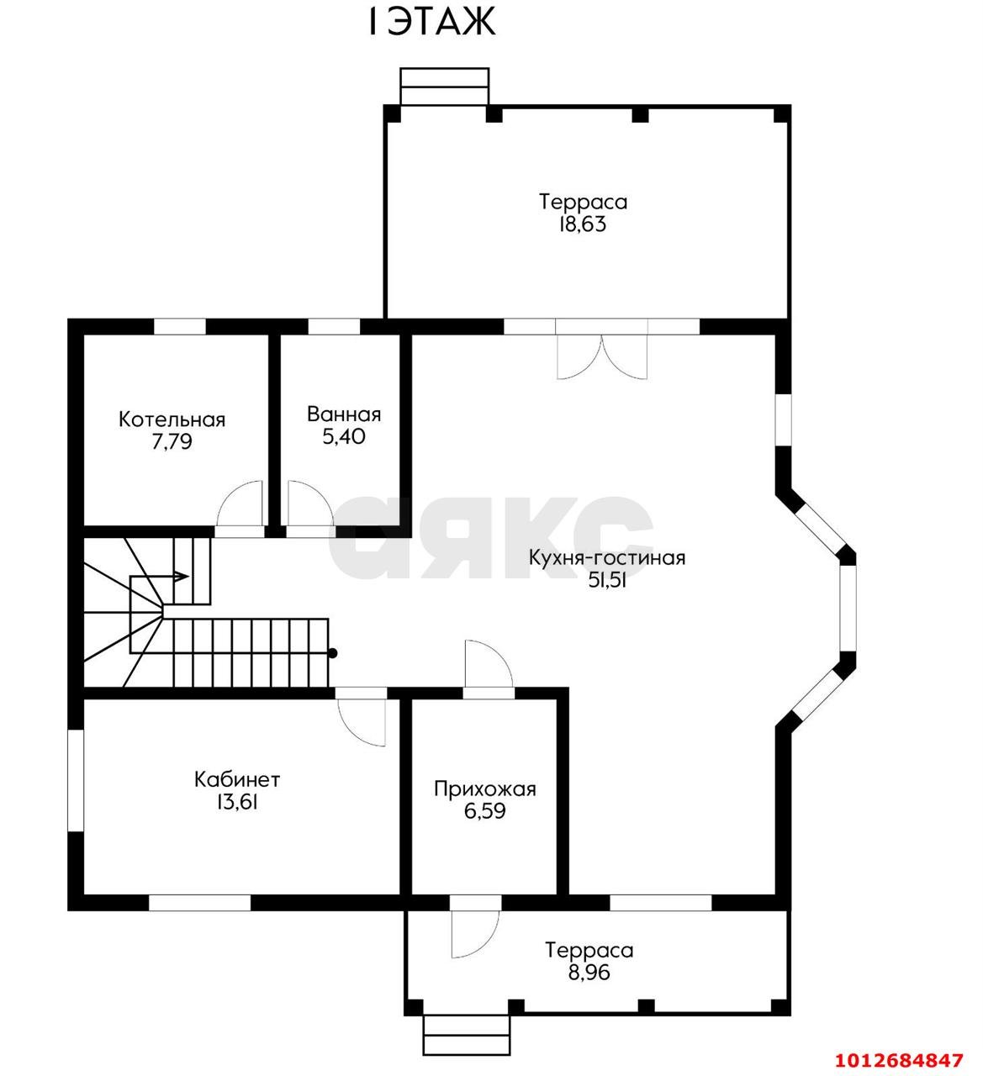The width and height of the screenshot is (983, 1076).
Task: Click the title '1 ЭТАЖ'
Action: click(431, 23)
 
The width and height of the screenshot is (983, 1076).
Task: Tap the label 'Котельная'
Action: click(172, 419)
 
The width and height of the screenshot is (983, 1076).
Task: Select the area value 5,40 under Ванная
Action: click(344, 436)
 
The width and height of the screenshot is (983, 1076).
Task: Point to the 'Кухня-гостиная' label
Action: click(607, 558)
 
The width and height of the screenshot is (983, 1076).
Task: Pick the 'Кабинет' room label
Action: click(237, 779)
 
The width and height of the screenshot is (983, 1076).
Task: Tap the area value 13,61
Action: click(237, 802)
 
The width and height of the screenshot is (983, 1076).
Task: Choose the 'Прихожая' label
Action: click(485, 789)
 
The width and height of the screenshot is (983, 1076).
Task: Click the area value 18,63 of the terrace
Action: click(583, 224)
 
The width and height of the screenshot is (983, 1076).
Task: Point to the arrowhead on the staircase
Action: click(182, 577)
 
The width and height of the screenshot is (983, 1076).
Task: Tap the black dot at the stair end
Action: click(333, 653)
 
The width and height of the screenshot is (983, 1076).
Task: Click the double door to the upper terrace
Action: click(602, 356)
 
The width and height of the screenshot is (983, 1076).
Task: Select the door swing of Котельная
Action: click(240, 504)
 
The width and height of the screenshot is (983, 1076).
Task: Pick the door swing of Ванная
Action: click(310, 504)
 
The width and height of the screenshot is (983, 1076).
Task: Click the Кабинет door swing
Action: click(362, 722)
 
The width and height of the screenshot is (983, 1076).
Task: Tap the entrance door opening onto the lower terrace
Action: click(475, 934)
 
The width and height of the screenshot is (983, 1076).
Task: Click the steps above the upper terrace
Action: click(444, 86)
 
